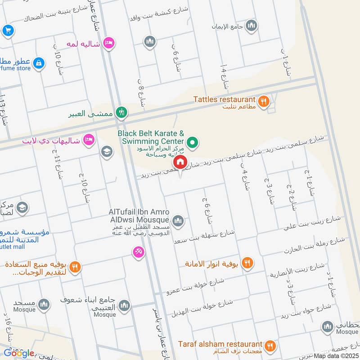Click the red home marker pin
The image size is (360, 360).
[180, 162]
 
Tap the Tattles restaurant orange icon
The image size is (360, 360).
[264, 101]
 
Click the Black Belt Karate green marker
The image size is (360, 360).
[193, 143]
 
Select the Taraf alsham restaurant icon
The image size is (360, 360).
[270, 346]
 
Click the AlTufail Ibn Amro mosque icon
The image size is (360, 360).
[178, 220]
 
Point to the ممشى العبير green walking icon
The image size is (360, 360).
[121, 112]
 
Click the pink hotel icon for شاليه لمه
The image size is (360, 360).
[108, 43]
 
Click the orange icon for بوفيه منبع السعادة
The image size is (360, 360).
[75, 266]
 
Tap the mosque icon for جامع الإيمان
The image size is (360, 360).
[252, 25]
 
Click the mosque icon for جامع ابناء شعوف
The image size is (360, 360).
[124, 306]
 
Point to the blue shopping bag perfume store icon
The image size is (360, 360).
[39, 63]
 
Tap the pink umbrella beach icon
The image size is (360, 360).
[139, 252]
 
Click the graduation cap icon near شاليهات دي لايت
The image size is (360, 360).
[107, 151]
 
